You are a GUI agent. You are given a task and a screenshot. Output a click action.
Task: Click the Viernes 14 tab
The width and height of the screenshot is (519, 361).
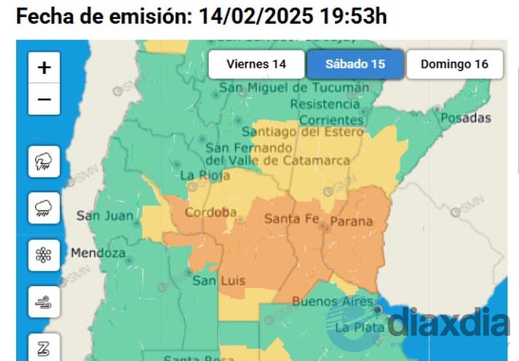click(256, 64)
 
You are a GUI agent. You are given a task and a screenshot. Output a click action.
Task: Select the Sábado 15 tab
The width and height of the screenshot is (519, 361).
click(355, 64)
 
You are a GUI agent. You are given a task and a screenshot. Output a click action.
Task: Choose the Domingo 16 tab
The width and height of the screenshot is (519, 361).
click(454, 64)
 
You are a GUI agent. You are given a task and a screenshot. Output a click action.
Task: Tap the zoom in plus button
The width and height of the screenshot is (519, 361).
click(44, 68)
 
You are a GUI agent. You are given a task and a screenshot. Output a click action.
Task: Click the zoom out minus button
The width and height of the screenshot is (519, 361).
click(44, 99)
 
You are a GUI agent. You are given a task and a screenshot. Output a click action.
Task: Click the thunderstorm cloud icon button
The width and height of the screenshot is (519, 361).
click(44, 162)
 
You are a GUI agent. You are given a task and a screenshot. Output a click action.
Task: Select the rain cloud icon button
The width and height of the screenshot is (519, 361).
click(44, 208)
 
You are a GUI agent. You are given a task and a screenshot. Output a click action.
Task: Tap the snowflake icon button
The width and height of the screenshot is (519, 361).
click(44, 255)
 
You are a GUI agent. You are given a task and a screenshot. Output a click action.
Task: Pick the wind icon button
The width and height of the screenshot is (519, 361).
click(44, 302)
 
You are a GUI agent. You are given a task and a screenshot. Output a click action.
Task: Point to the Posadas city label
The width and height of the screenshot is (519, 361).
click(465, 118)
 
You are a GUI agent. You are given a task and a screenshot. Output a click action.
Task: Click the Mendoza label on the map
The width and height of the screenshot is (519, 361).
click(98, 253)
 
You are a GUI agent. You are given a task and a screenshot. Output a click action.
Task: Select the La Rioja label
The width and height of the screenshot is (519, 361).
click(205, 175)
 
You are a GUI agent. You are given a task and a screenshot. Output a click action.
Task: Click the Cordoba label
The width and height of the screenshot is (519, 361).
click(210, 212)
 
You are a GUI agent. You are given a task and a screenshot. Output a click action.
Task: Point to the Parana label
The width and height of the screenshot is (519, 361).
click(351, 222)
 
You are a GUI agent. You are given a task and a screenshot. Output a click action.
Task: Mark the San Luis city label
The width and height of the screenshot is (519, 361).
click(219, 281)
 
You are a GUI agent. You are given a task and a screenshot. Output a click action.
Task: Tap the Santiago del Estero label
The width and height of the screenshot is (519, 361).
click(303, 132)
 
